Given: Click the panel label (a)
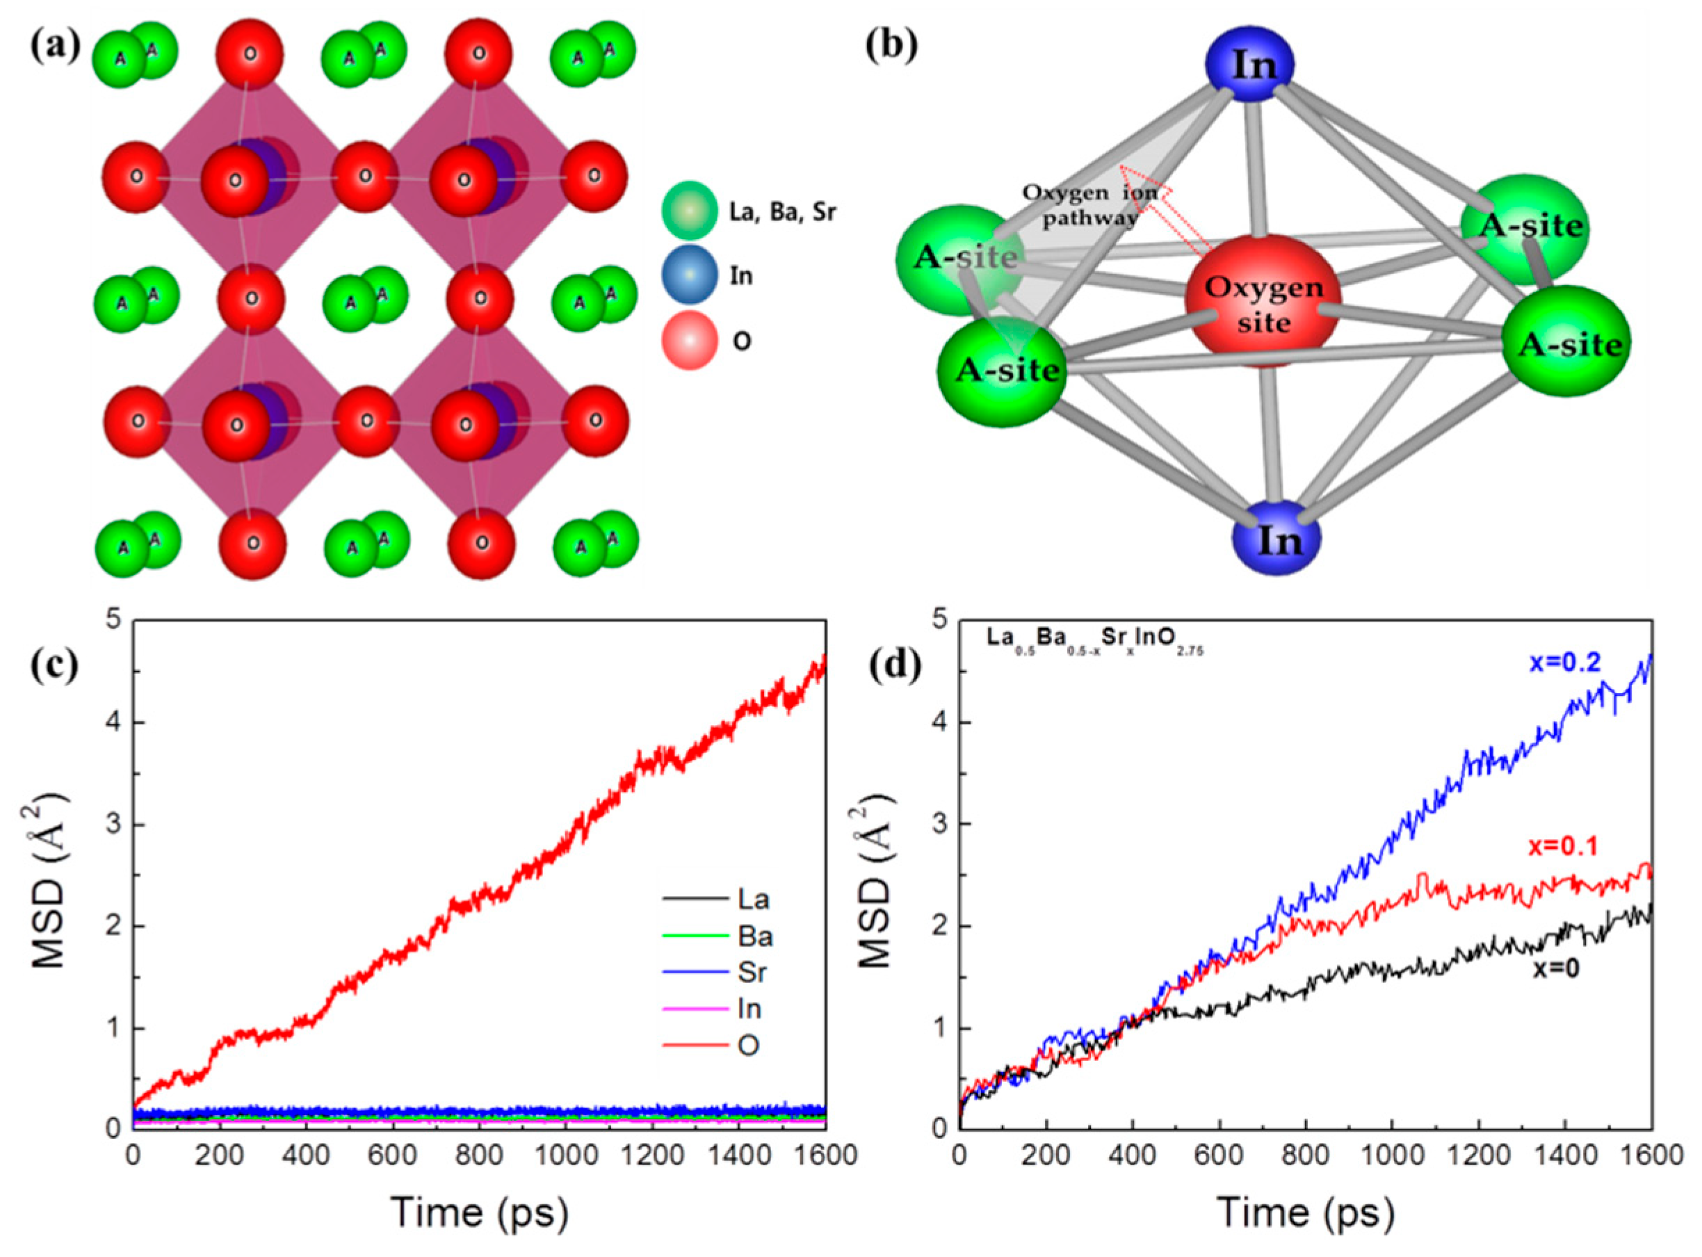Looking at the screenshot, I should [x=55, y=47].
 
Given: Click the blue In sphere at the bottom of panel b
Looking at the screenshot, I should [x=1276, y=539].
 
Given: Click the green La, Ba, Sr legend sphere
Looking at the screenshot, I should [x=688, y=211].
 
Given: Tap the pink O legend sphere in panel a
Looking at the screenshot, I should [x=688, y=339].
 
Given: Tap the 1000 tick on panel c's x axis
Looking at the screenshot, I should [x=565, y=1154].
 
